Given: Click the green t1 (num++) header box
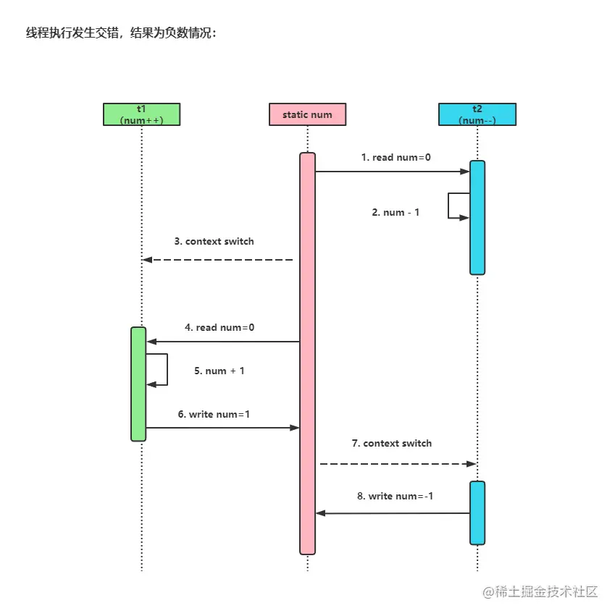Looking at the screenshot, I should (x=141, y=114).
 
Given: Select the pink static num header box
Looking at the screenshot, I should (x=307, y=114).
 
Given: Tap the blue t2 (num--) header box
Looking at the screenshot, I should (x=477, y=114).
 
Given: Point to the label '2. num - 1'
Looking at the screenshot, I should (x=396, y=212).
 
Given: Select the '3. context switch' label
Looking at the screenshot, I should (x=214, y=241).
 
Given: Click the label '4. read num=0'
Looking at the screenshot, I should (x=219, y=327).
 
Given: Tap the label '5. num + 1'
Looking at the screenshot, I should (x=219, y=371).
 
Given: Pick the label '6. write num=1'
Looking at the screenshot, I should (x=214, y=414).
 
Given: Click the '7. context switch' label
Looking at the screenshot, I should (x=392, y=443).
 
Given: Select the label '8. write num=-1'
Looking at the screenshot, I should (x=396, y=496).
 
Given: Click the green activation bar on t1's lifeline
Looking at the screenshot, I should (x=138, y=384).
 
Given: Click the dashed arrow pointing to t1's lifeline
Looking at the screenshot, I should (x=217, y=260).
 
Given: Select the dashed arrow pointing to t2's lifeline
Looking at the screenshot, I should (x=397, y=463).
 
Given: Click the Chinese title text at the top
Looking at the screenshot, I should (x=121, y=34).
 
